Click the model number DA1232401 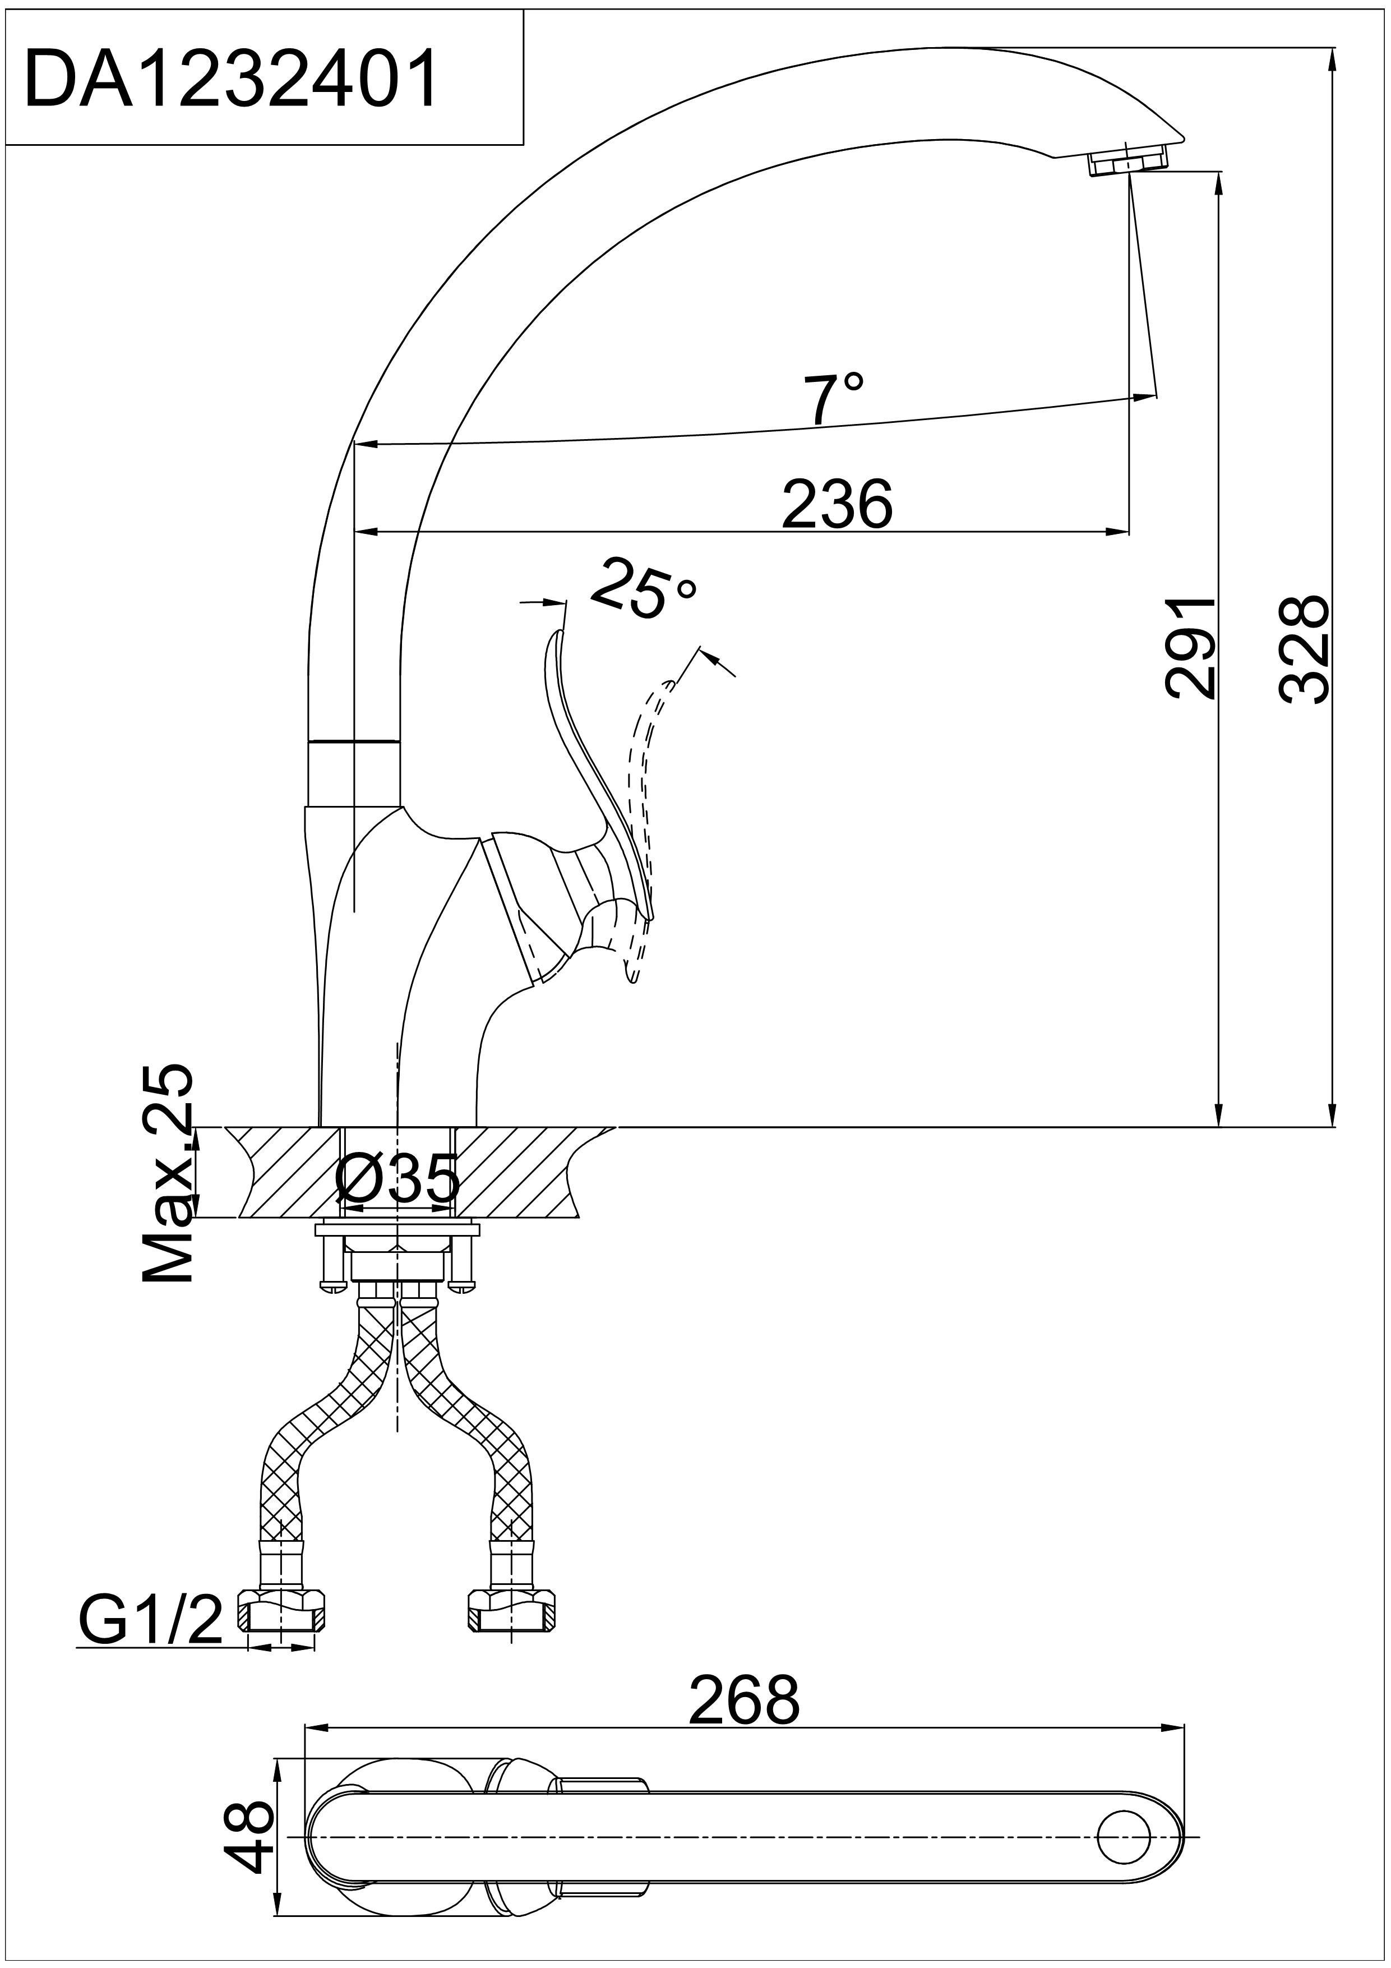[x=232, y=79]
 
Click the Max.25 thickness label [x=168, y=1174]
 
